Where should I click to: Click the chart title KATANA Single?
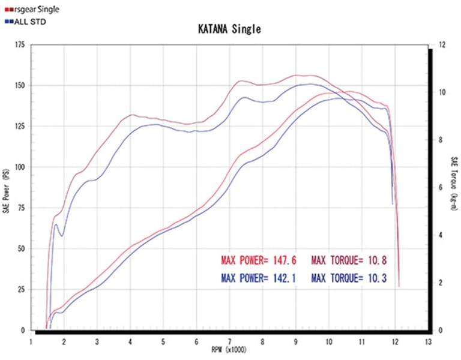pyautogui.click(x=230, y=29)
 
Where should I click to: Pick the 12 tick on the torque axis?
pyautogui.click(x=442, y=45)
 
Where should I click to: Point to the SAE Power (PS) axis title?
pyautogui.click(x=6, y=188)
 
